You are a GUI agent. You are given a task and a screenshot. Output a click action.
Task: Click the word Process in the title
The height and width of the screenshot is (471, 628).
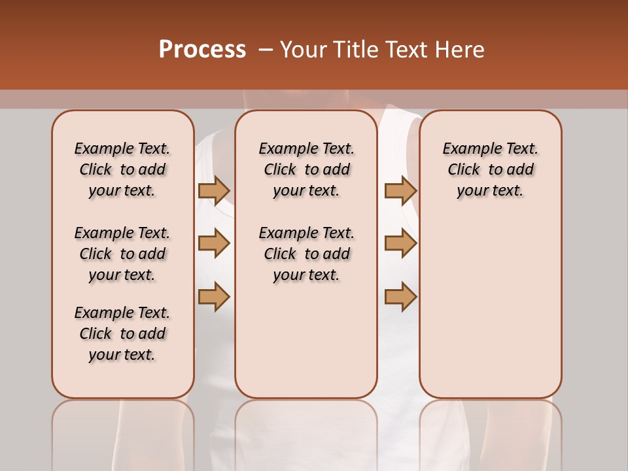pos(201,50)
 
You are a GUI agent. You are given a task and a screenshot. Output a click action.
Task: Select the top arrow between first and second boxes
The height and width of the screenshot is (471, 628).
pos(214,190)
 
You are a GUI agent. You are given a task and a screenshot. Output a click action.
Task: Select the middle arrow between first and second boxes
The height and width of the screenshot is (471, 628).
pos(214,243)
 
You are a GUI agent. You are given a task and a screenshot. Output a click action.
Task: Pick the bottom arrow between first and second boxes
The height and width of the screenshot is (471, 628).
pos(214,296)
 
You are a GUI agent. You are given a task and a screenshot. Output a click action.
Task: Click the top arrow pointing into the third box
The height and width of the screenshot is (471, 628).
pos(400,190)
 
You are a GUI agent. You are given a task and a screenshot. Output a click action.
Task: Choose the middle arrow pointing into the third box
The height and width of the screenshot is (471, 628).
pos(400,243)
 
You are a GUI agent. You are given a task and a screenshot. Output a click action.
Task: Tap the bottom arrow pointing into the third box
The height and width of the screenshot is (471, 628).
pos(400,296)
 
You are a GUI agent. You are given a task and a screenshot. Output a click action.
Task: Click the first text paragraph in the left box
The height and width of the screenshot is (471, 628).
pos(122,169)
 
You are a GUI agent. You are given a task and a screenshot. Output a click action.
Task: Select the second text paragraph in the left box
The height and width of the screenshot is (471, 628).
pos(122,254)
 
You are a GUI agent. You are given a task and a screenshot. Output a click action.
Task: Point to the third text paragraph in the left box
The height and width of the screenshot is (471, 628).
pos(122,334)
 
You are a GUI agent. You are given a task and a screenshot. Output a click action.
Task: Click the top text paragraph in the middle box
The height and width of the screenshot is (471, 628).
pos(306,169)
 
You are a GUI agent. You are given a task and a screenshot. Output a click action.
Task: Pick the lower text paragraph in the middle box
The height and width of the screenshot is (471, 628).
pos(306,254)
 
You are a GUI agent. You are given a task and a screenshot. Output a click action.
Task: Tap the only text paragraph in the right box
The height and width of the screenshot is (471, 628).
pos(490,169)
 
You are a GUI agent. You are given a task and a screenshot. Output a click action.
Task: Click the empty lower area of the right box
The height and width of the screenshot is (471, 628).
pos(490,307)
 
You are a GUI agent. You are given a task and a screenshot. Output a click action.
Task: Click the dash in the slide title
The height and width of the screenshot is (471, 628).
pos(265,50)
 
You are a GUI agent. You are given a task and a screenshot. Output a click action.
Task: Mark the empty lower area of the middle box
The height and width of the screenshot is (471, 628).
pos(306,340)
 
